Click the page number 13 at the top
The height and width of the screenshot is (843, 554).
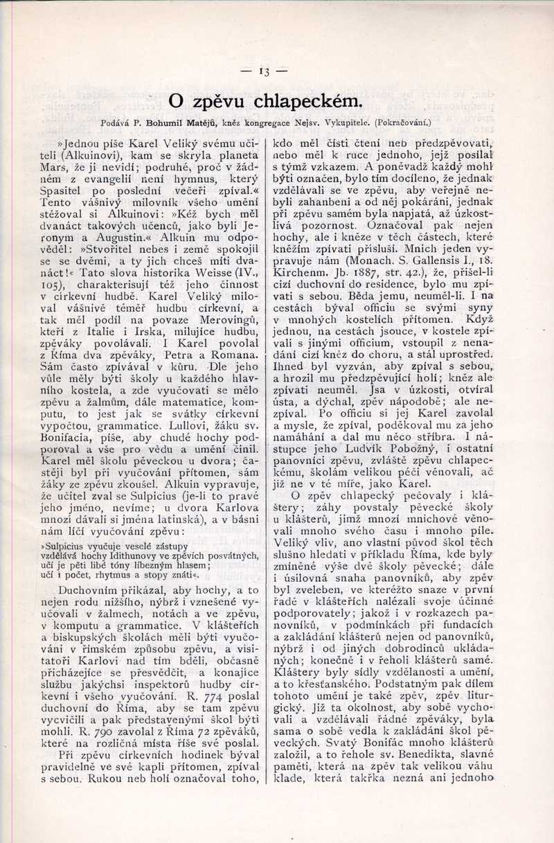point(264,71)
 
